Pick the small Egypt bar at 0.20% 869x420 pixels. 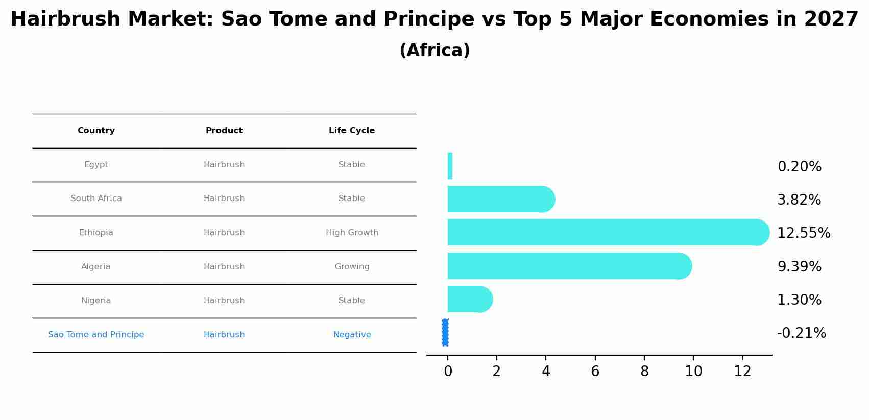point(450,166)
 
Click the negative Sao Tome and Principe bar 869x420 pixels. point(445,332)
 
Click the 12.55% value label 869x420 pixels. point(803,233)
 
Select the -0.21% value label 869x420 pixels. point(801,333)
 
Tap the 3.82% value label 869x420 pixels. point(799,200)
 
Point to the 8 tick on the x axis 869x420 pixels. point(644,372)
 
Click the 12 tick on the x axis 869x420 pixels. point(742,372)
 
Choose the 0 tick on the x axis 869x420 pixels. point(448,372)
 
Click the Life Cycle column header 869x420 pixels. point(352,131)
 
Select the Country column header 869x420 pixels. point(96,131)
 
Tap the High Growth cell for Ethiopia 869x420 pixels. point(352,233)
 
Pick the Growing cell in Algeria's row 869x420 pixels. point(352,267)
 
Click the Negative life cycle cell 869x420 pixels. point(352,335)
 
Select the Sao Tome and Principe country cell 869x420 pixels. point(96,335)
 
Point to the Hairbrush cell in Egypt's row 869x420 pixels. point(224,165)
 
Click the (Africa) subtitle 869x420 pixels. point(434,51)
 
